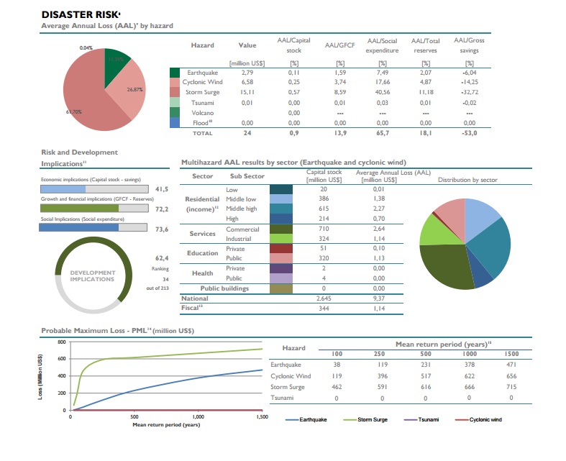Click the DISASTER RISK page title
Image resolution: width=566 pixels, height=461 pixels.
(x=81, y=14)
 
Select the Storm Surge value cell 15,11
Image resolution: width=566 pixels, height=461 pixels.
(x=247, y=92)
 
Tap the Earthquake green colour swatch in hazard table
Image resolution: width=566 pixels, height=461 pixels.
(x=175, y=73)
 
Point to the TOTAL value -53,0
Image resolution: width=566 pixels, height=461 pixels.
(x=469, y=133)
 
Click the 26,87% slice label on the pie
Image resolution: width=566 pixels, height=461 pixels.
(x=135, y=90)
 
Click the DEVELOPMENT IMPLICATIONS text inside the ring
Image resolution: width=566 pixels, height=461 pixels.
(x=93, y=276)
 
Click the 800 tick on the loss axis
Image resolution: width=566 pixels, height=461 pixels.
(x=62, y=342)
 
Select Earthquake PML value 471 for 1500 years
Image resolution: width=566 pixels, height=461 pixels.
(x=511, y=365)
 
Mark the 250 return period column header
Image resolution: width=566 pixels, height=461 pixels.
(x=381, y=354)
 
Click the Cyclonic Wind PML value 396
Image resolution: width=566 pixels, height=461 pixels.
(x=381, y=376)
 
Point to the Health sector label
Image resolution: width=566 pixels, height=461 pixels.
(x=202, y=273)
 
